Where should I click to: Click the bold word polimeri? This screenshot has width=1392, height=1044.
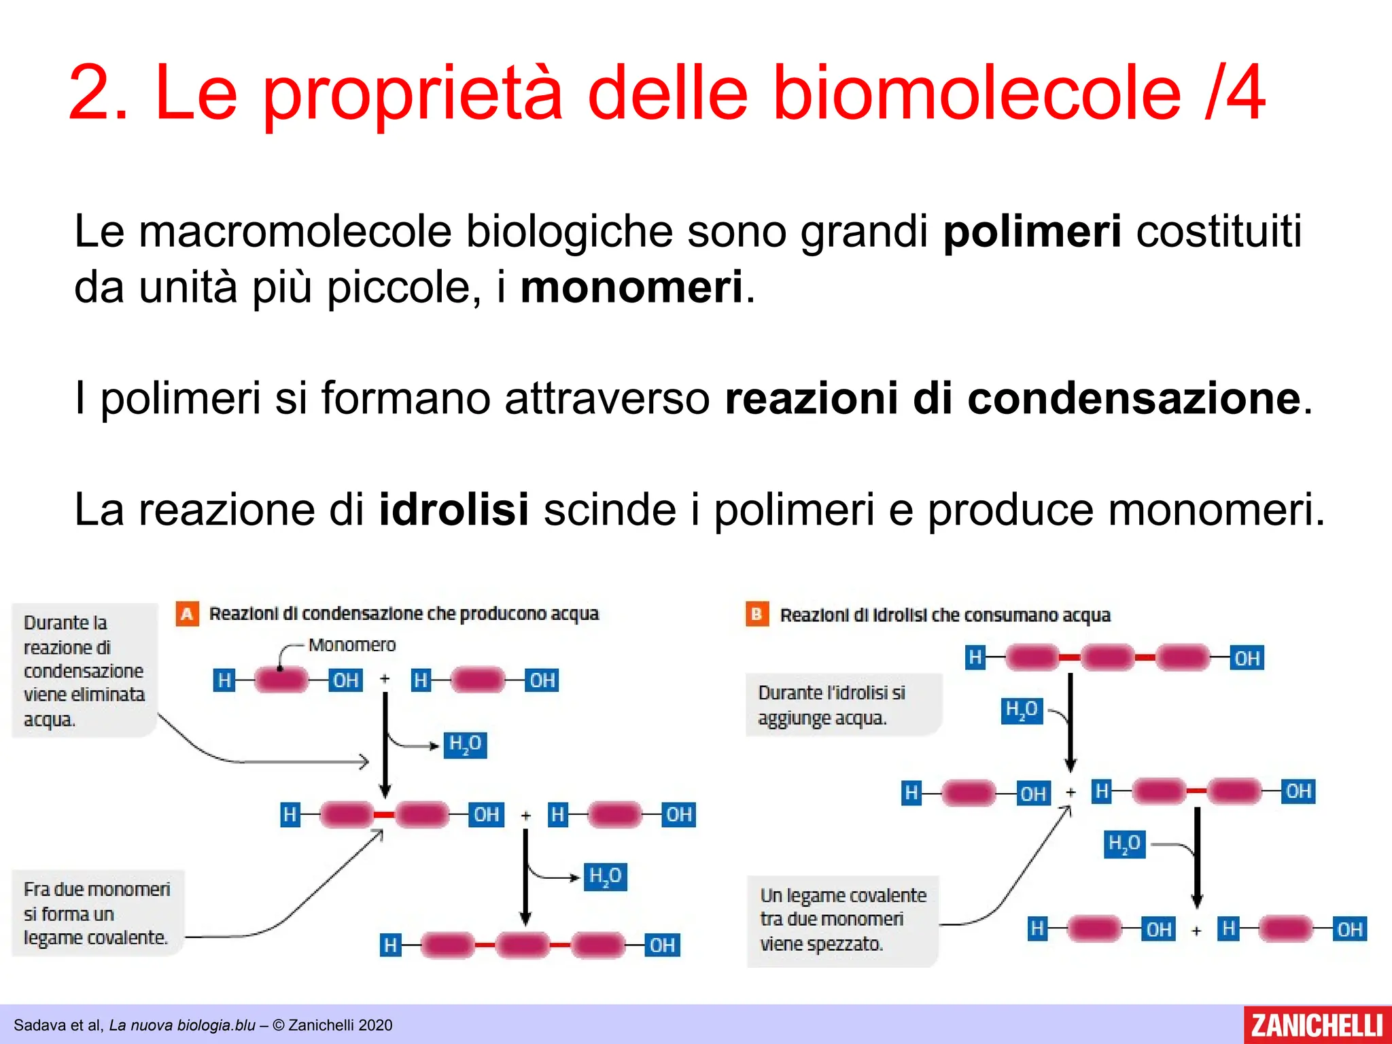[x=1032, y=232]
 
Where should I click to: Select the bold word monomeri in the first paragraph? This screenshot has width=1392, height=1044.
[x=631, y=288]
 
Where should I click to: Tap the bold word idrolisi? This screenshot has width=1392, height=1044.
[x=453, y=509]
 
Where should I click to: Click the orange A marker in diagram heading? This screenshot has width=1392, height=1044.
[x=187, y=614]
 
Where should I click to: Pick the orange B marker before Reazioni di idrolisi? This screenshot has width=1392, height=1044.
[x=756, y=614]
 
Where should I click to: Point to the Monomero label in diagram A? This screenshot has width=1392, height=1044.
[x=351, y=644]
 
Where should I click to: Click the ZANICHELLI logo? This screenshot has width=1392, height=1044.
[x=1317, y=1025]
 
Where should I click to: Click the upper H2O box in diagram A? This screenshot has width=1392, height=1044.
[x=466, y=745]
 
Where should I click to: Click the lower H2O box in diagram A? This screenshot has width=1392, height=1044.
[x=605, y=876]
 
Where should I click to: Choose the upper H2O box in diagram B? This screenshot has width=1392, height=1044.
[x=1022, y=710]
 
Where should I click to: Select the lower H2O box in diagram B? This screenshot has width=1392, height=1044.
[x=1124, y=844]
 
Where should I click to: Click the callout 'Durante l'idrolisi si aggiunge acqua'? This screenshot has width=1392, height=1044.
[x=843, y=705]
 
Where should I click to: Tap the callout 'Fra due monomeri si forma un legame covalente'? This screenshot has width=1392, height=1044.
[x=97, y=913]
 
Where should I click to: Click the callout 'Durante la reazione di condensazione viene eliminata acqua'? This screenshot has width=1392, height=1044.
[x=84, y=670]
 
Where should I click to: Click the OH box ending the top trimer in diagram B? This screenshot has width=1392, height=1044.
[x=1247, y=658]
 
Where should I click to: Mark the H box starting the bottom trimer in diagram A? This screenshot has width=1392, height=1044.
[x=390, y=945]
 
